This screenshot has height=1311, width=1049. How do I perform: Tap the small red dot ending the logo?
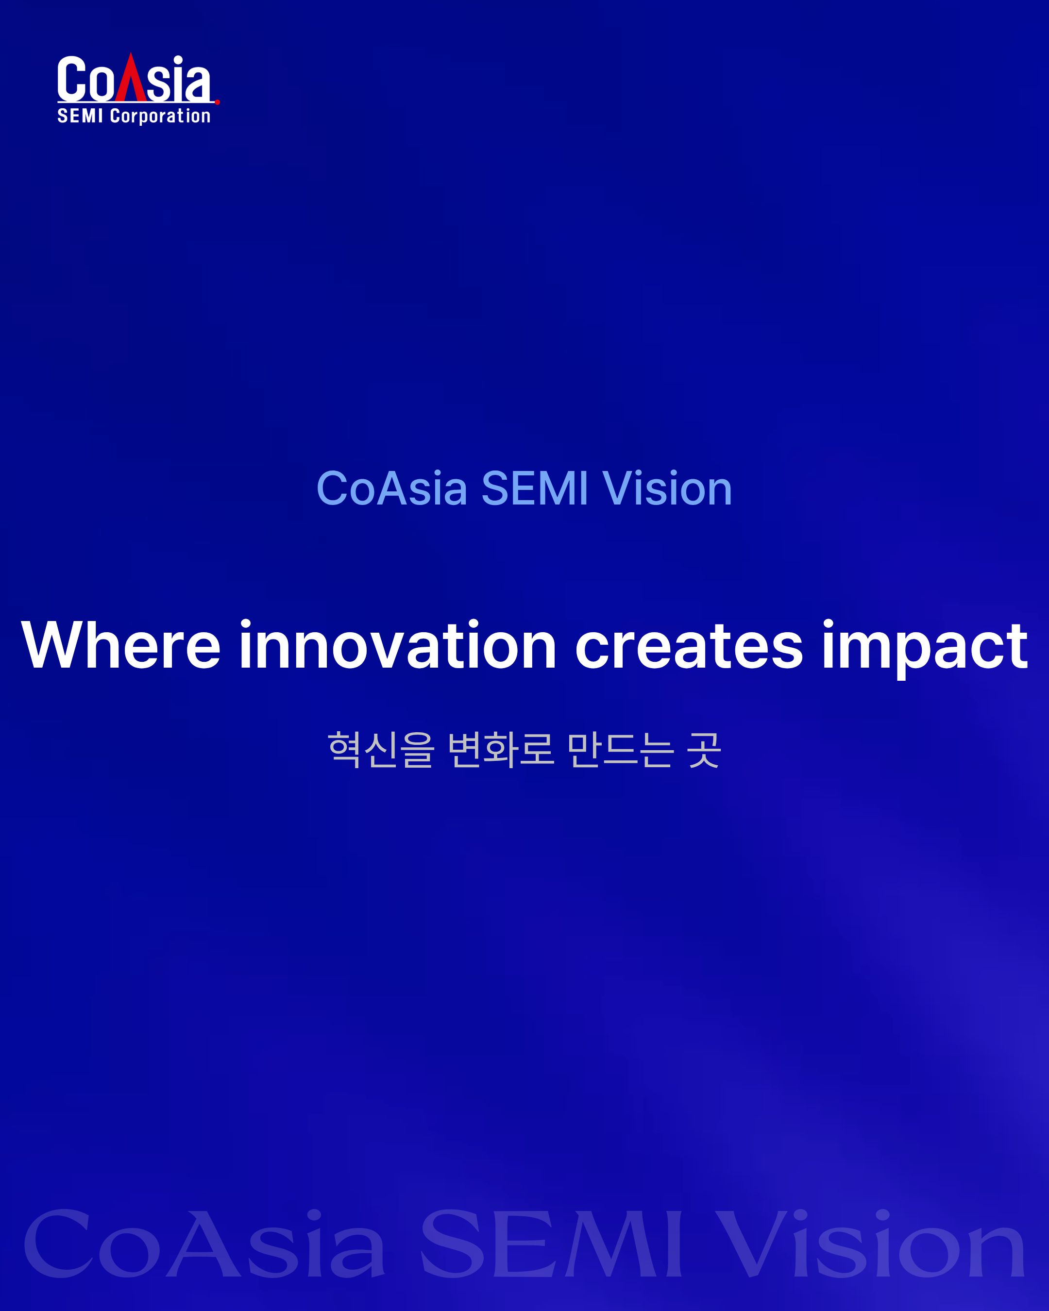coord(217,102)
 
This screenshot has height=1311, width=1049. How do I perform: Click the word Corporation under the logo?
coord(160,116)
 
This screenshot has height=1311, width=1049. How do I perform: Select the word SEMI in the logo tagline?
coord(80,116)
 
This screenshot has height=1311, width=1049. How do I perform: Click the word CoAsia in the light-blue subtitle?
coord(391,488)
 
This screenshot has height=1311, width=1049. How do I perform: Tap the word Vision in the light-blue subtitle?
coord(667,488)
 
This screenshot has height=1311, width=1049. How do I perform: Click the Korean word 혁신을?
coord(381,750)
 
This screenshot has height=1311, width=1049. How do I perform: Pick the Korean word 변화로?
coord(501,750)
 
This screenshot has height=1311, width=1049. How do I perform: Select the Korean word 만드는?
coord(620,750)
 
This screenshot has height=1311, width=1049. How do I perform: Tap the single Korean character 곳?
coord(704,750)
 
